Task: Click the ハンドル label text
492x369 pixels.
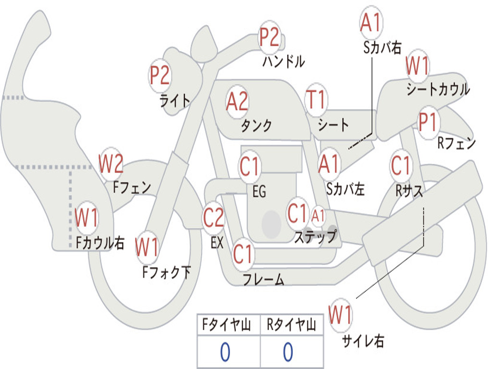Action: coord(283,61)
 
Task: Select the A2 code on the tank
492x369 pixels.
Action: coord(237,101)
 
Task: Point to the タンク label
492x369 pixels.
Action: coord(256,125)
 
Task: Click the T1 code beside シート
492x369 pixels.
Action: coord(316,100)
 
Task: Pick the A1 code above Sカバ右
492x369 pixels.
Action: coord(371,23)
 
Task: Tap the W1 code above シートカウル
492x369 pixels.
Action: coord(418,66)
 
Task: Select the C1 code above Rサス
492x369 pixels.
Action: coord(401,166)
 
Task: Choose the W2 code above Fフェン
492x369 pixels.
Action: coord(111,164)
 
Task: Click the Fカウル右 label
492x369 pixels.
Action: coord(100,243)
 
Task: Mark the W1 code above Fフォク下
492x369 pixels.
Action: coord(147,247)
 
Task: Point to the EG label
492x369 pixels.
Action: coord(259,192)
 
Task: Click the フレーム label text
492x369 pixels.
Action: coord(263,279)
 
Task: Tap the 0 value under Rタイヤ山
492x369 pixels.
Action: coord(288,352)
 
